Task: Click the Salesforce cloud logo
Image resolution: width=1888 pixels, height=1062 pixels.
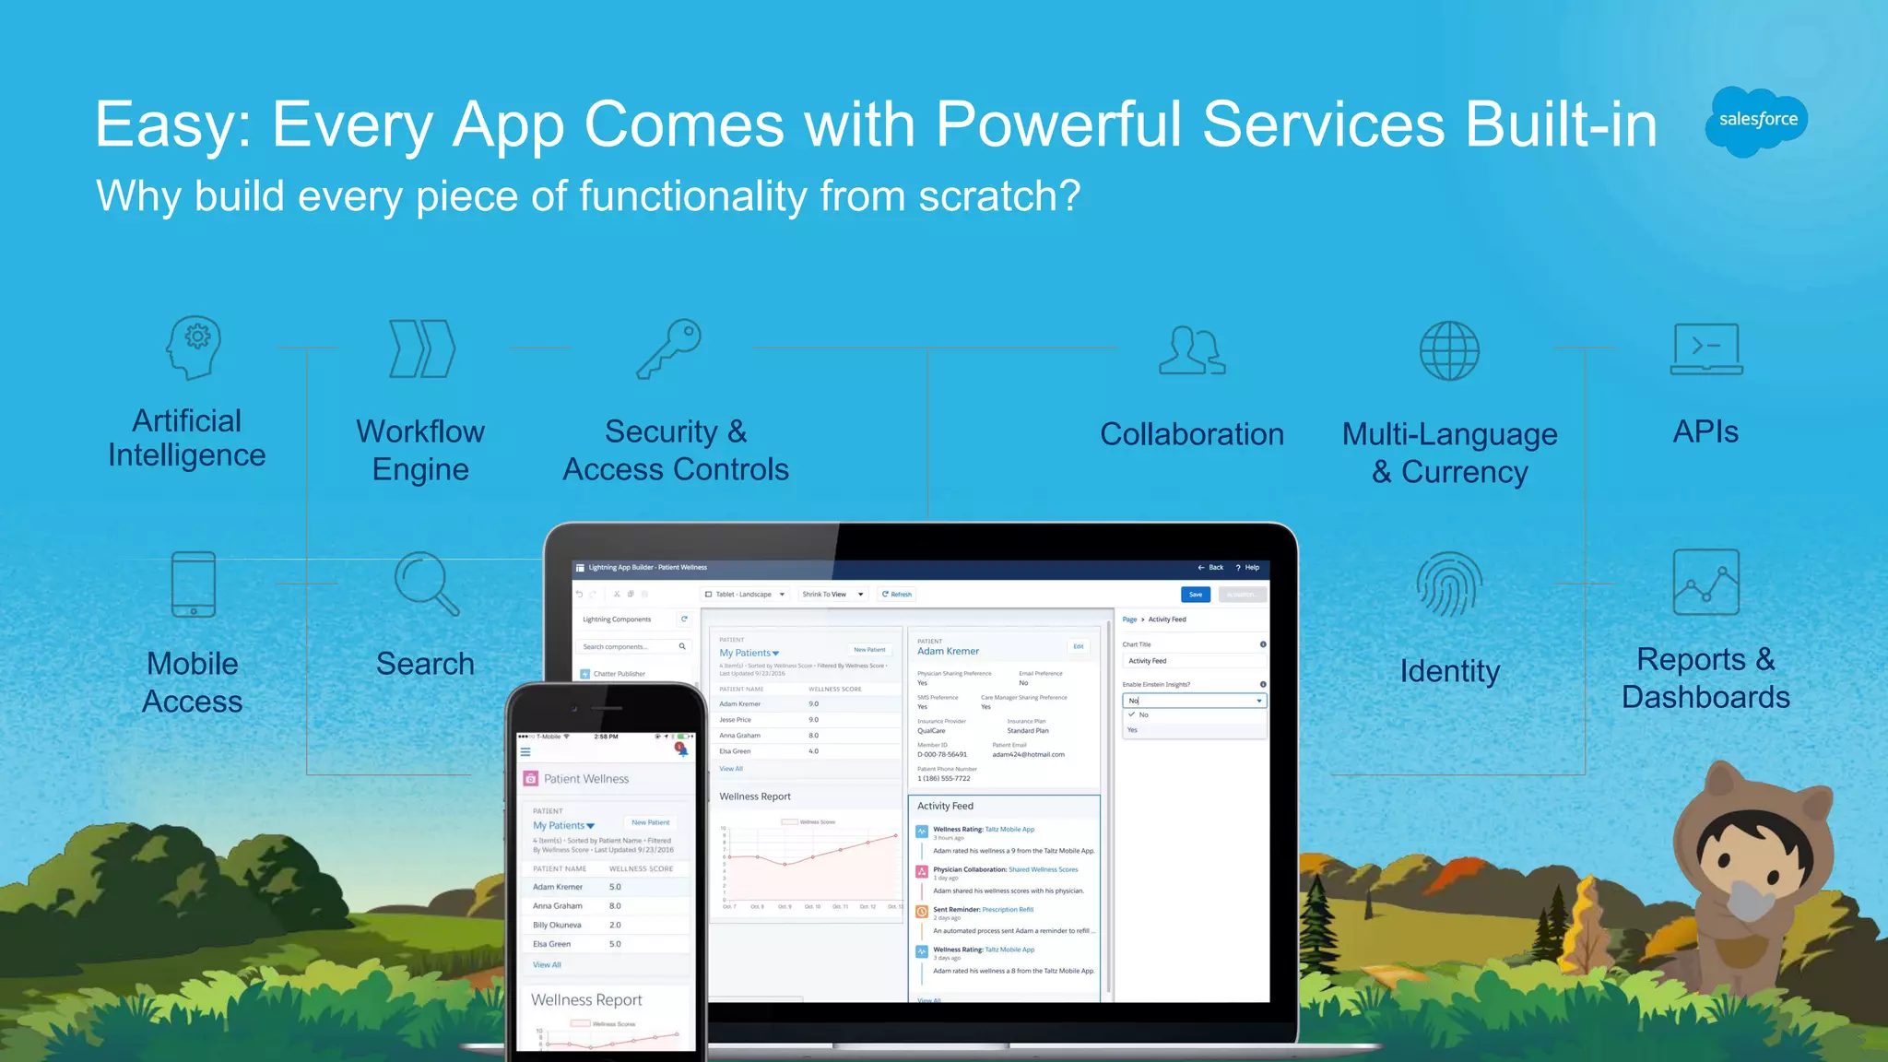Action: point(1757,120)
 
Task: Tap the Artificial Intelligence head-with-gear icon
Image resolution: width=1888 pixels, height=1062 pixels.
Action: point(194,348)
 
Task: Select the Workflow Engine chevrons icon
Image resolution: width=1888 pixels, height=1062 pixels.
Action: point(422,348)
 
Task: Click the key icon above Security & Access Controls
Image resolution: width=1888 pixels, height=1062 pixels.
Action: point(669,348)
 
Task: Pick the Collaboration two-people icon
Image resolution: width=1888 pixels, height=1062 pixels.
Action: point(1191,350)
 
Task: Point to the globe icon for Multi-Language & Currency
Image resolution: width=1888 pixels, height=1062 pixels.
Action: point(1449,351)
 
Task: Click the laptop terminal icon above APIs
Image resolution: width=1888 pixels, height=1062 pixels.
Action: point(1706,349)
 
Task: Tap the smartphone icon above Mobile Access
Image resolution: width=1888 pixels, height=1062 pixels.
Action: point(194,584)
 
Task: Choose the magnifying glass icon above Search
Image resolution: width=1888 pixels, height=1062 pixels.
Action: point(426,584)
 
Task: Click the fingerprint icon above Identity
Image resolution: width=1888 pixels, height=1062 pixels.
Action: point(1449,584)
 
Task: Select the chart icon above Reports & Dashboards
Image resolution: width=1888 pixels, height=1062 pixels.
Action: point(1706,583)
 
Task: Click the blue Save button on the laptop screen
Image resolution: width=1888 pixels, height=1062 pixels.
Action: point(1195,595)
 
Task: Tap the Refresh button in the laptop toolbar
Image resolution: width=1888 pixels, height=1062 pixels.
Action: point(896,595)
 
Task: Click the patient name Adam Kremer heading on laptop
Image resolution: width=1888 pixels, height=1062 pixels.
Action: point(948,651)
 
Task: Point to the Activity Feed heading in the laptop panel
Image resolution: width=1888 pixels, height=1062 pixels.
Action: point(945,806)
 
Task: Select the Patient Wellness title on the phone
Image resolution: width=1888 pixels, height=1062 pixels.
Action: point(586,779)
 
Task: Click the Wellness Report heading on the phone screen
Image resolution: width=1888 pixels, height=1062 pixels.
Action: point(586,1000)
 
